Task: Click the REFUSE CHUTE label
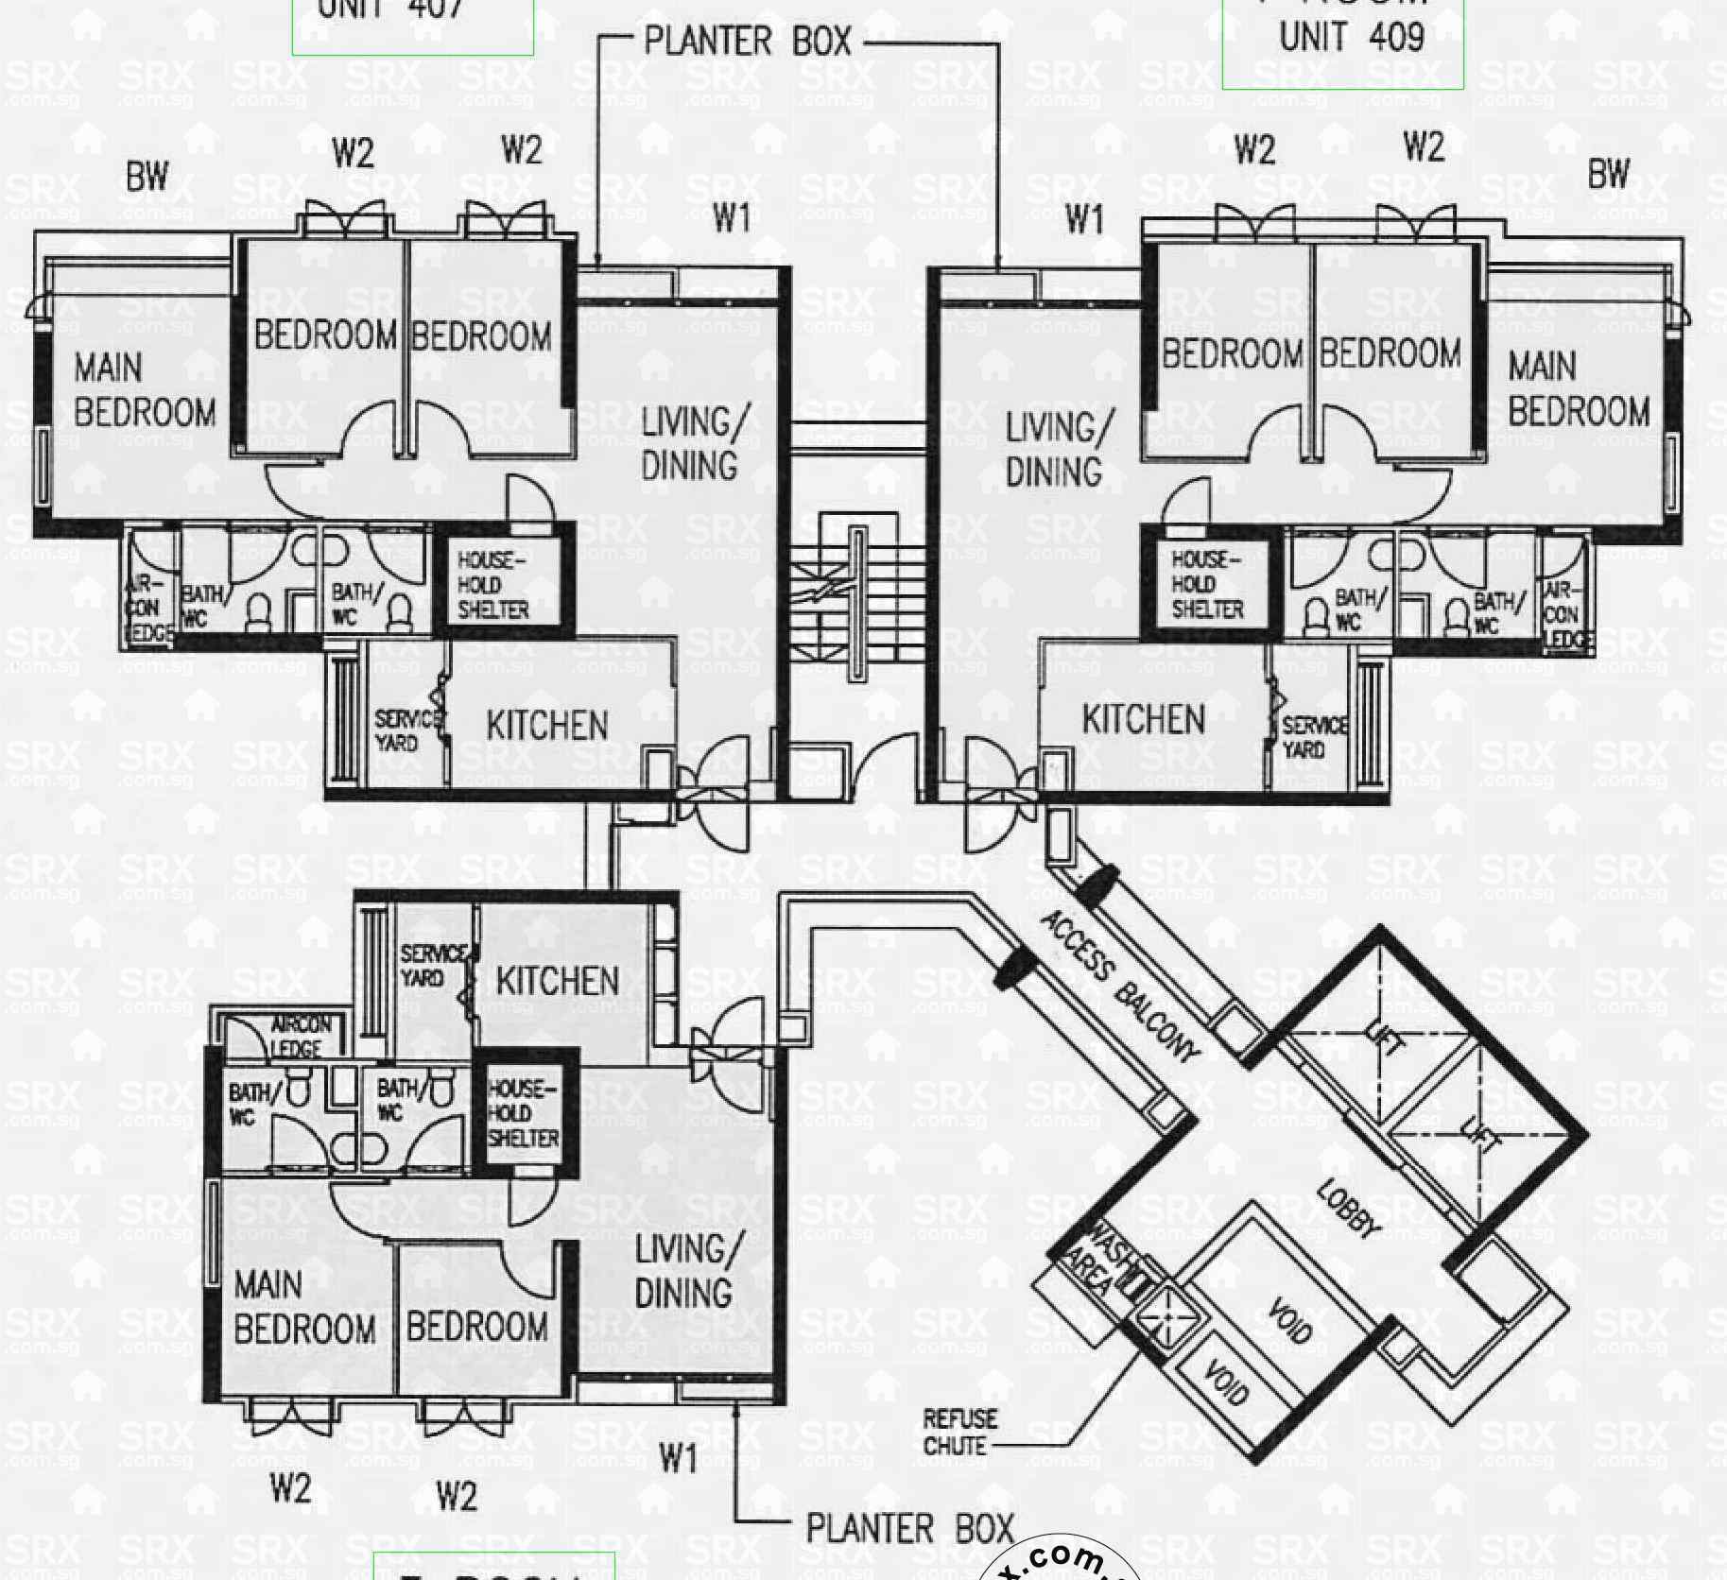click(x=959, y=1432)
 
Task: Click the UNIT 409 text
click(x=1352, y=37)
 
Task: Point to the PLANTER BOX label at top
click(x=747, y=43)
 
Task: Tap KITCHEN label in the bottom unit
click(x=558, y=981)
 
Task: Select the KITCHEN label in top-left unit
click(x=547, y=726)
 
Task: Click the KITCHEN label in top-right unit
click(x=1144, y=720)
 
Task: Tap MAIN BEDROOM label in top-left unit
click(x=145, y=389)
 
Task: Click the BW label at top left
click(x=147, y=177)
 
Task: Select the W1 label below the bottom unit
click(x=678, y=1458)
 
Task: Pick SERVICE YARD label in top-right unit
click(x=1314, y=737)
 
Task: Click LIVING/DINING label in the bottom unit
click(x=682, y=1271)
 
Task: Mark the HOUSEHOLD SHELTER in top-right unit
click(x=1207, y=585)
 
